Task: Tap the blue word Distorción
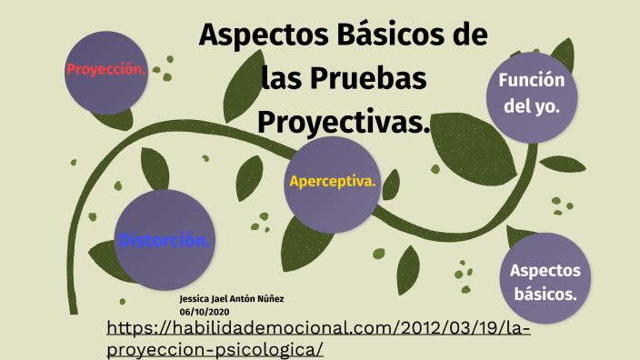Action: (165, 241)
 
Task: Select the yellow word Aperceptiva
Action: (333, 181)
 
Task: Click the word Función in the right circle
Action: (532, 80)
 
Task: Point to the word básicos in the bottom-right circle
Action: (545, 294)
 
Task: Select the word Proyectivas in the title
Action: (344, 120)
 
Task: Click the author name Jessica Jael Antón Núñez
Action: (233, 299)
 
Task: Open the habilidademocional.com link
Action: (318, 328)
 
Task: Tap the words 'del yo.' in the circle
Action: (532, 105)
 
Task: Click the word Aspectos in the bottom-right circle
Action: (545, 271)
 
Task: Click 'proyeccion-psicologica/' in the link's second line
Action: (215, 349)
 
